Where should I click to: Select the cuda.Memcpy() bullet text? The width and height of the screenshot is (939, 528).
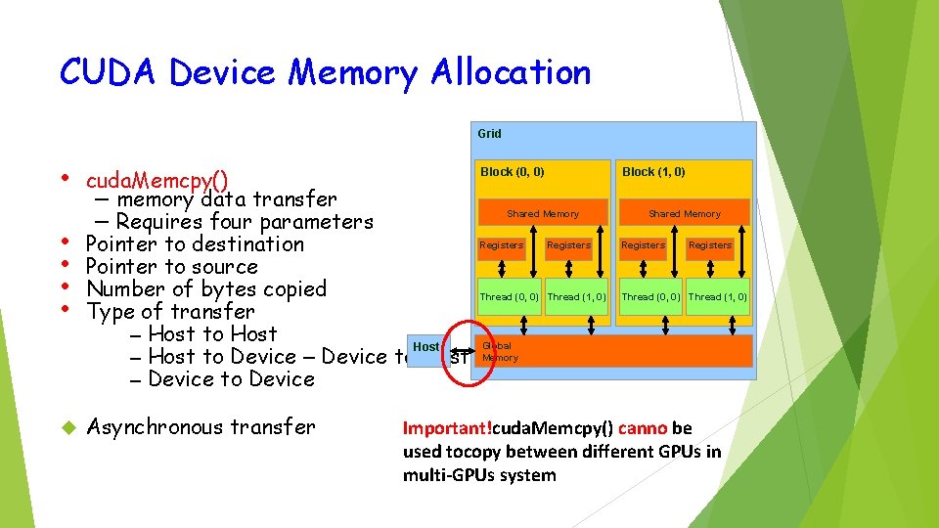(x=157, y=181)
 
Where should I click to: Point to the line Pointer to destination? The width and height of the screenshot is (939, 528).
(x=195, y=243)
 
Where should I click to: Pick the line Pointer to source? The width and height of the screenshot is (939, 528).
(x=171, y=266)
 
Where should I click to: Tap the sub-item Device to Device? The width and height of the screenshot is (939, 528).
(x=231, y=378)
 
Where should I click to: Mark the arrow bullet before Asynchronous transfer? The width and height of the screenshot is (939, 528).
(x=68, y=427)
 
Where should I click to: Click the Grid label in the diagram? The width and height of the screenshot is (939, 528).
(x=489, y=134)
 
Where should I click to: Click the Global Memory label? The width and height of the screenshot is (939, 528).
(x=500, y=352)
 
